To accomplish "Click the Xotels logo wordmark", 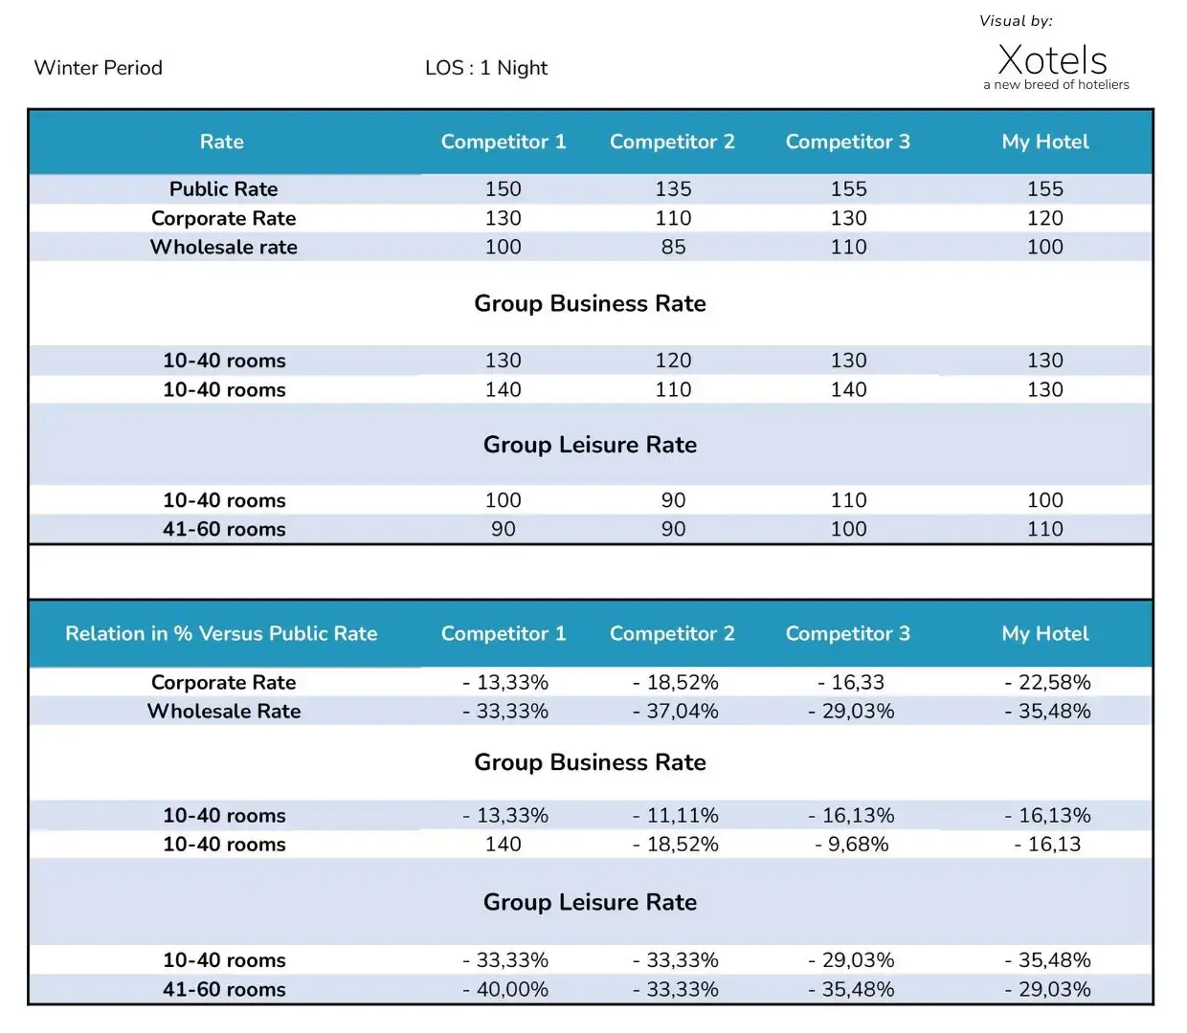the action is click(x=1052, y=59).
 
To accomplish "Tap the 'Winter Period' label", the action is click(x=98, y=68).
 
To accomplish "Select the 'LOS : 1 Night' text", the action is click(x=486, y=69).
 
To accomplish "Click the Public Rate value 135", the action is click(x=673, y=189).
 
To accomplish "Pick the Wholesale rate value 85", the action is click(x=673, y=247).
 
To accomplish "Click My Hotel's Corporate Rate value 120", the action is click(x=1045, y=218).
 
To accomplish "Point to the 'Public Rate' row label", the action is click(x=223, y=189).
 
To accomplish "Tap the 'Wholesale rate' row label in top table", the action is click(x=223, y=247).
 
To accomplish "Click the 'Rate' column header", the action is click(x=222, y=142).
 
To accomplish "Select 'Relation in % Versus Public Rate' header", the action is click(x=221, y=633).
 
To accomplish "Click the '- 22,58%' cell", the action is click(x=1047, y=682).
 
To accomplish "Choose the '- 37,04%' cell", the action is click(x=675, y=712).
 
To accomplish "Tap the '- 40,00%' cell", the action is click(x=504, y=990).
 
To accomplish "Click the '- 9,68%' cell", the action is click(x=851, y=845).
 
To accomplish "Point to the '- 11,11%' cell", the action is click(x=675, y=816).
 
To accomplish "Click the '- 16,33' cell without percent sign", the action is click(x=851, y=682).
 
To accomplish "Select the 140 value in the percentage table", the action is click(x=503, y=845).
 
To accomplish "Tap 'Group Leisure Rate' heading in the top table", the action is click(x=590, y=445).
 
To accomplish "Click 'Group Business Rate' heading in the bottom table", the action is click(x=590, y=762).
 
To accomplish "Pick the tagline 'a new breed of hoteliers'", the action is click(x=1056, y=84).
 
